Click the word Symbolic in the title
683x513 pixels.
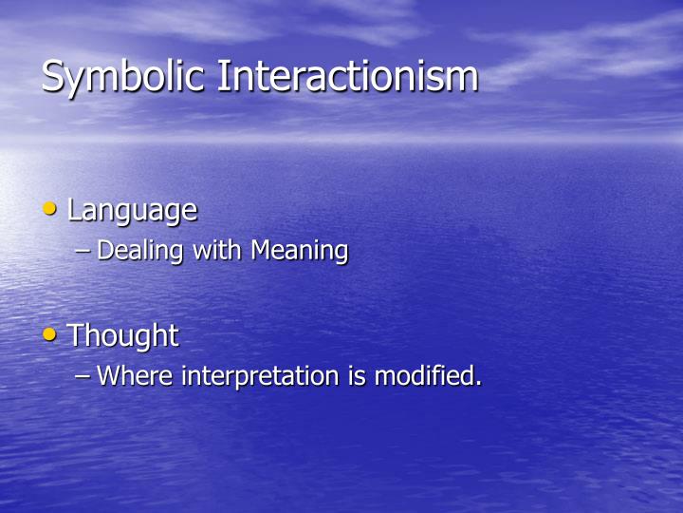[x=125, y=77]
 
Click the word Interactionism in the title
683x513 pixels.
[x=348, y=76]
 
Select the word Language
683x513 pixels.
[x=132, y=210]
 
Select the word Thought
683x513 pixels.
[x=122, y=335]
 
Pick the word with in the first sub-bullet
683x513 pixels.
[x=218, y=251]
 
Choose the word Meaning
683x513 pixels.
[x=300, y=252]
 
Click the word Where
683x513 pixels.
[x=136, y=376]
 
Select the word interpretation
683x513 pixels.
[x=261, y=377]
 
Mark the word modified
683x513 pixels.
[x=423, y=376]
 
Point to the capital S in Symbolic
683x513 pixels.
[x=53, y=76]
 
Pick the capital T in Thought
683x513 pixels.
[x=76, y=335]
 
